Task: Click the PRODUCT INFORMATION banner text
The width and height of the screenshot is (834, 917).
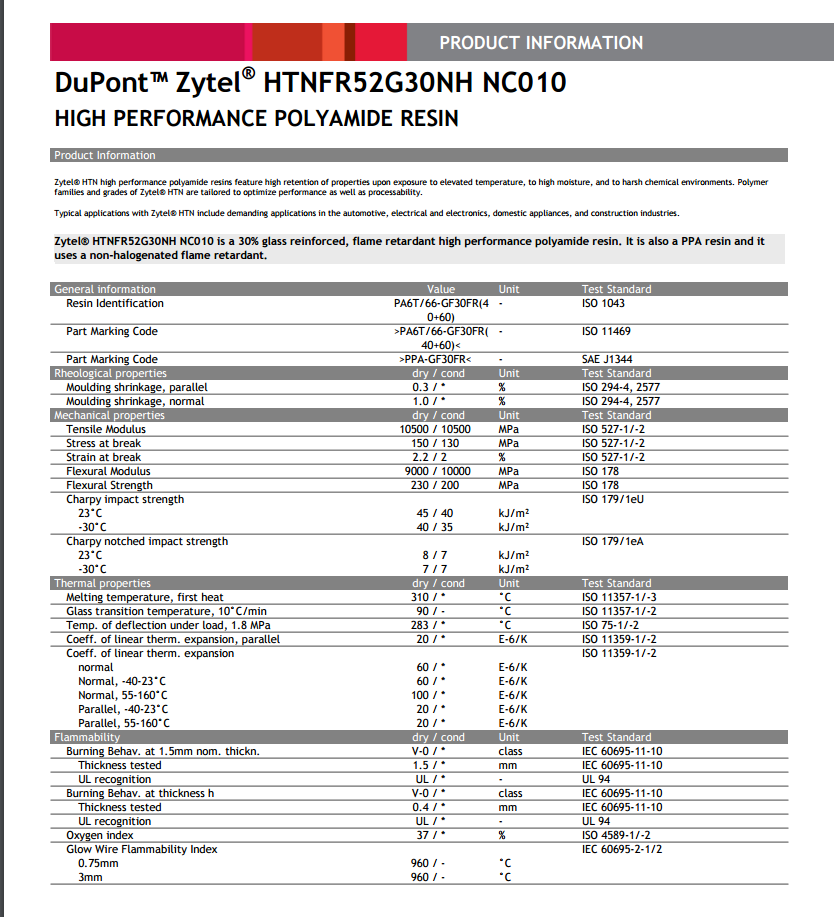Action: point(541,43)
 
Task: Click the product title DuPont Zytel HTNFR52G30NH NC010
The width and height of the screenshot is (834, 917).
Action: point(310,82)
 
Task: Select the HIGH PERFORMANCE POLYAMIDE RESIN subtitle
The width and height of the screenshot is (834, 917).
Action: point(256,119)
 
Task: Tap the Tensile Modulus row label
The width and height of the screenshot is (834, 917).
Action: point(106,429)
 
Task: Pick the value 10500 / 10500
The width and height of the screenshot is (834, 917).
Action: point(440,429)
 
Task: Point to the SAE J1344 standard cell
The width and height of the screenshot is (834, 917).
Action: point(607,359)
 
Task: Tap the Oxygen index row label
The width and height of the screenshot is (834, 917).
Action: point(100,835)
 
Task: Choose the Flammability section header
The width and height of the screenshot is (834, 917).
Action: point(87,737)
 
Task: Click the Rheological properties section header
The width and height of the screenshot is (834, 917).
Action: point(110,373)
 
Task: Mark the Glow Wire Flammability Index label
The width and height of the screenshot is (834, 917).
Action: point(142,849)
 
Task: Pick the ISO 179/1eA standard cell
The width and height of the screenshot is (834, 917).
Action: point(612,541)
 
